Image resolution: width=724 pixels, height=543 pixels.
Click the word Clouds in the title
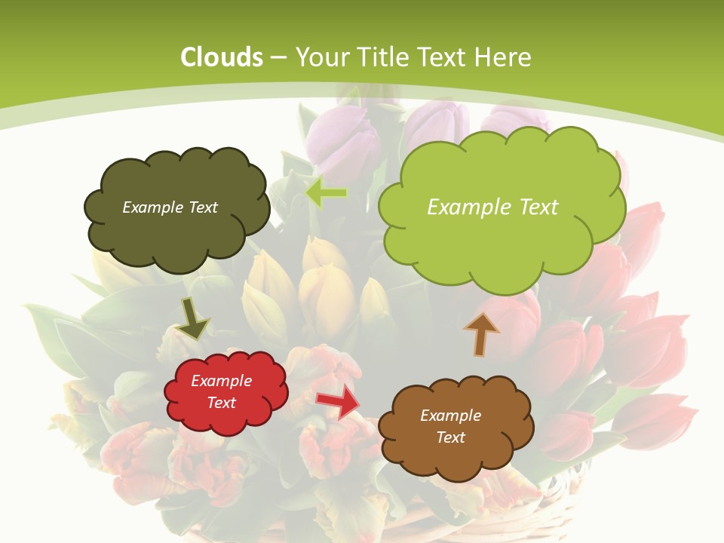(x=222, y=57)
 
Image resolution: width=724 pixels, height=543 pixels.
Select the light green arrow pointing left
(x=326, y=193)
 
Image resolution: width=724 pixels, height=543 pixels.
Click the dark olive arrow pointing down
(x=192, y=318)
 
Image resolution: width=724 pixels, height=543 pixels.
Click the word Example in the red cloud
(x=221, y=381)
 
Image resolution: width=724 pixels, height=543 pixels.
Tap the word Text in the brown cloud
(x=450, y=437)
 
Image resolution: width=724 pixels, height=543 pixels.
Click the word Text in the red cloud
(x=221, y=403)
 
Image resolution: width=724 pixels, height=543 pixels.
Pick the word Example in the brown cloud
(x=450, y=416)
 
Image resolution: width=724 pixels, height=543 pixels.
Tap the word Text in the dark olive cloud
(x=202, y=207)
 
